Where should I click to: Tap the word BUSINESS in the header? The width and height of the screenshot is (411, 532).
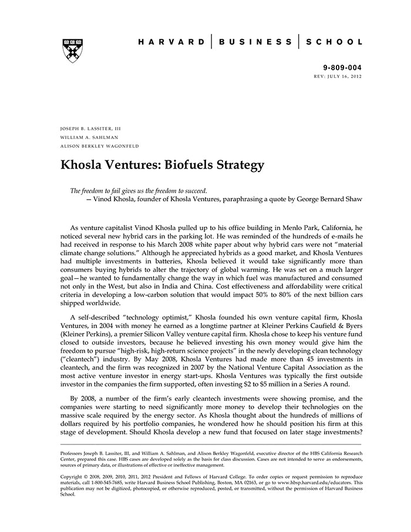255,42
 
